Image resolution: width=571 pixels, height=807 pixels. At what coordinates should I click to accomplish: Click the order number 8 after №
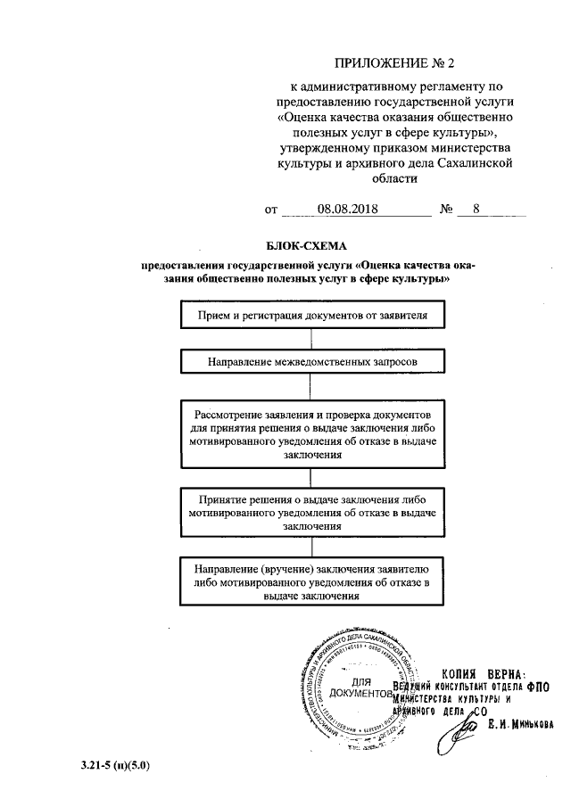[x=477, y=210]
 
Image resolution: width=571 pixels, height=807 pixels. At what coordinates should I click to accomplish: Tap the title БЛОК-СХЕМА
[x=305, y=244]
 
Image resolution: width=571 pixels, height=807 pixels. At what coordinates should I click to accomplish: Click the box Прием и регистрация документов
[x=309, y=316]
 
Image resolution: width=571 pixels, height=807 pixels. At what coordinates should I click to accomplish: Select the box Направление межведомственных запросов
[x=309, y=362]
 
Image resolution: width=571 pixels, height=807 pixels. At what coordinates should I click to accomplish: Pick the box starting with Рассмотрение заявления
[x=309, y=434]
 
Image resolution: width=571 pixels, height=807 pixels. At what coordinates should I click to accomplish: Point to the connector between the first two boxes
[x=310, y=340]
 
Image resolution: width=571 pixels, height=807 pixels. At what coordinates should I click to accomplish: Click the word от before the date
[x=271, y=211]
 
